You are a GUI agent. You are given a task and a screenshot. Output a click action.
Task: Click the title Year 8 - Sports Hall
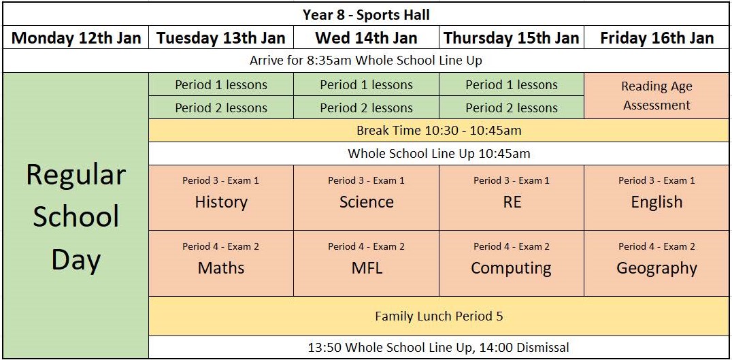366,14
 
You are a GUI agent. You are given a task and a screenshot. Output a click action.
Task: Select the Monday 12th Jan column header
76,37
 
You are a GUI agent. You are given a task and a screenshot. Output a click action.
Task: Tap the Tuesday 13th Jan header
221,37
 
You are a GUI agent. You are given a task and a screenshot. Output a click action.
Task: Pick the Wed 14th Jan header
367,37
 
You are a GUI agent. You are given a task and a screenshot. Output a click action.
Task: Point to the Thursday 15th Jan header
512,37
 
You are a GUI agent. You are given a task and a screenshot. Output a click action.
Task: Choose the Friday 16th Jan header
656,37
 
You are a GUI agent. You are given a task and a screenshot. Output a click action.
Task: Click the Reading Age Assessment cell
656,96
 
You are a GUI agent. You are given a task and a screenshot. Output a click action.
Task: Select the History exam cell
221,197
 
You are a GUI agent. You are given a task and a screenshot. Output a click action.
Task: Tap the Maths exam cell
221,263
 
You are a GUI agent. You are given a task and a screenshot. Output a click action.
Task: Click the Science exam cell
367,197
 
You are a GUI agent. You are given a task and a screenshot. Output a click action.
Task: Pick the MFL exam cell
367,263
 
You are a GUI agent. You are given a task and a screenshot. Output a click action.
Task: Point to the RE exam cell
512,197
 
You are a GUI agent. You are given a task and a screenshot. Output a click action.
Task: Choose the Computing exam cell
512,263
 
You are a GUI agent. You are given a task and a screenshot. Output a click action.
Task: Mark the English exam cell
656,197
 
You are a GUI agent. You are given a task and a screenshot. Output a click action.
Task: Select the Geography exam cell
656,263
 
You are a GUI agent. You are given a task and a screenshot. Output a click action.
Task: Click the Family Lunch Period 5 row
439,316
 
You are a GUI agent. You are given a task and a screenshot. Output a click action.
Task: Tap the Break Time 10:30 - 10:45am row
439,130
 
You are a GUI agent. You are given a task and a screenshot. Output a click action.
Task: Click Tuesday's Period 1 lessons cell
221,84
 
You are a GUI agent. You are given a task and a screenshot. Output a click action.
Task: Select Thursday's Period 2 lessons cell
512,108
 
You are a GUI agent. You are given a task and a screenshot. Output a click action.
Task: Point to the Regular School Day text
76,218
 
